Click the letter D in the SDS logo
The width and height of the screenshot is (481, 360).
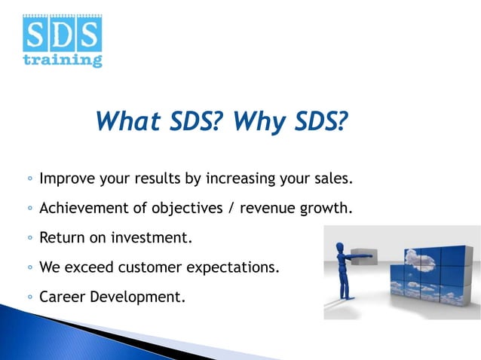click(x=63, y=34)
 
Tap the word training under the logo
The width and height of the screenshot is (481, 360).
click(x=63, y=59)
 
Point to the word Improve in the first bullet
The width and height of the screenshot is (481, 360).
click(x=66, y=180)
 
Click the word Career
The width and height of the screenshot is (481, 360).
click(x=63, y=296)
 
